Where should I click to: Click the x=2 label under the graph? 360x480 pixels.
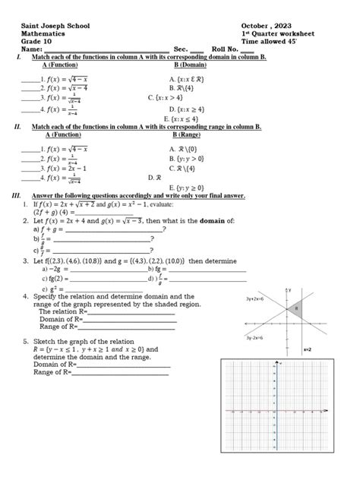click(x=307, y=349)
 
